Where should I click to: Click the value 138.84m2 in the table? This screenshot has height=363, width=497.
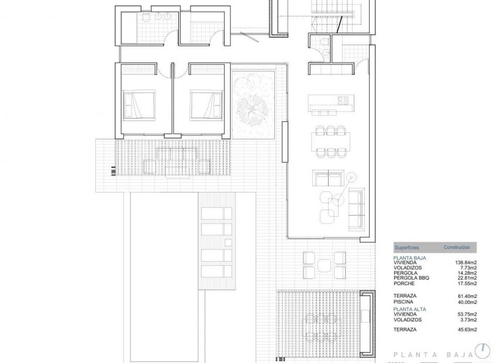coord(466,263)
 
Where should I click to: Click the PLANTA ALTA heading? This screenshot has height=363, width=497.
coord(410,309)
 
